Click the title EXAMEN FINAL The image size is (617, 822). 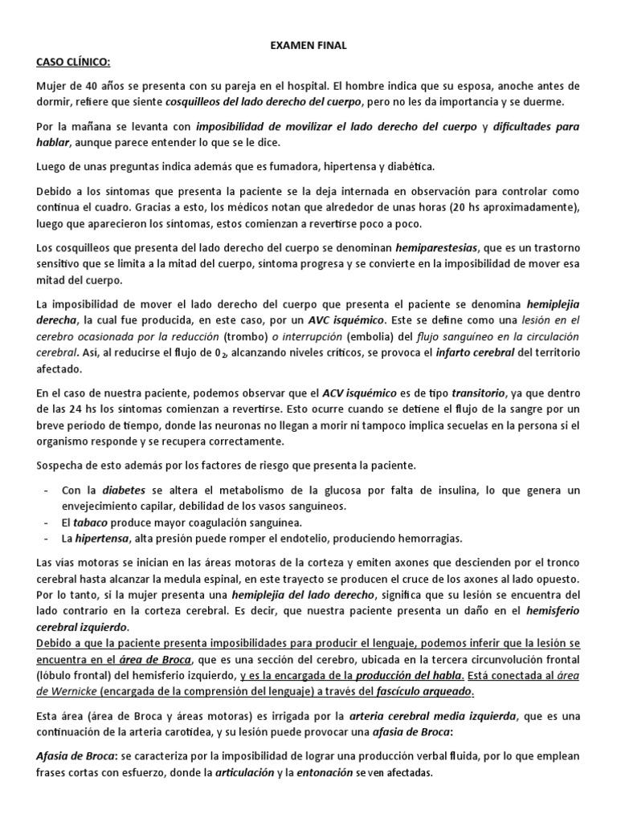tap(308, 46)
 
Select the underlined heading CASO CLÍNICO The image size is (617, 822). tap(73, 62)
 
